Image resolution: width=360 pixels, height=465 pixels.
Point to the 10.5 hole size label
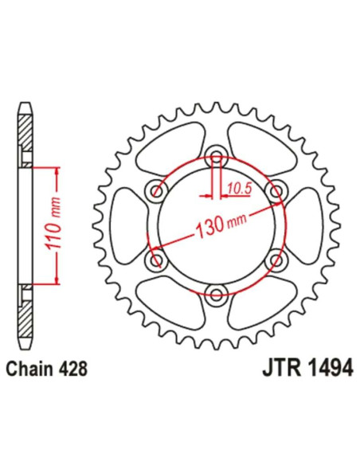point(237,187)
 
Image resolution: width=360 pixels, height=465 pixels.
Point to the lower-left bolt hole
point(155,260)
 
